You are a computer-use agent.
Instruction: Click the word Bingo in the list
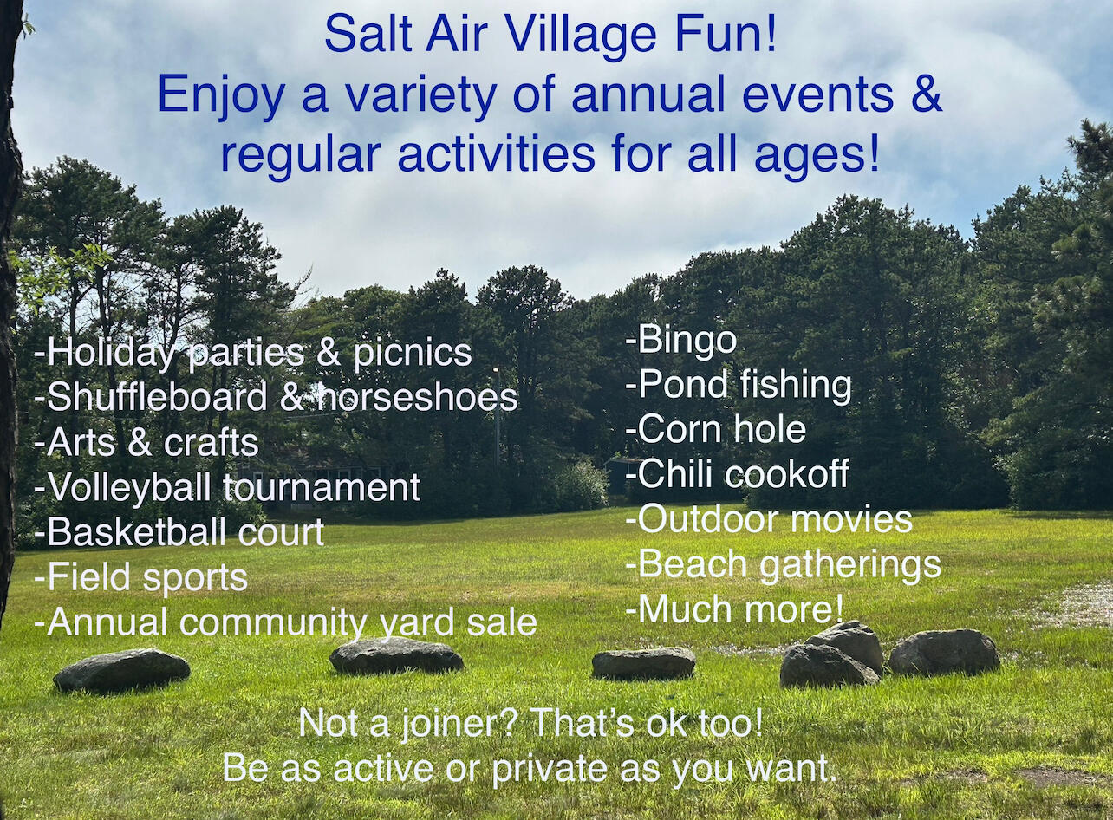coord(687,341)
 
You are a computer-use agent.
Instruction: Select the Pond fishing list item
coord(744,386)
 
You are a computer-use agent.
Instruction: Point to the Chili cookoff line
coord(743,474)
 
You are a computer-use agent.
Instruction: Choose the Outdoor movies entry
coord(774,519)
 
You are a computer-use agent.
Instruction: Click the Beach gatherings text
coord(789,564)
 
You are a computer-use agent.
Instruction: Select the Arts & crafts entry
coord(152,442)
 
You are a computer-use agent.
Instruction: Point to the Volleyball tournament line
coord(232,487)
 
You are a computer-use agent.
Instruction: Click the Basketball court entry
coord(185,532)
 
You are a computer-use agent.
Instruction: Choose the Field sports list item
coord(146,577)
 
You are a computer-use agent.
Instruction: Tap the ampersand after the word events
coord(926,95)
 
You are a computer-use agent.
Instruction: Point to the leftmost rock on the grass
coord(121,670)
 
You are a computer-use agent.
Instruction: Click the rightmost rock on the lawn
coord(944,652)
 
